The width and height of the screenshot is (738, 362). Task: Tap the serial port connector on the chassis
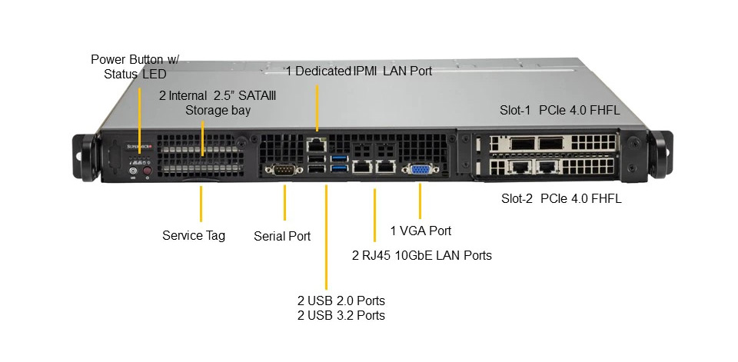coord(284,169)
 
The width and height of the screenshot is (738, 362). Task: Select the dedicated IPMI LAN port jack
coord(317,144)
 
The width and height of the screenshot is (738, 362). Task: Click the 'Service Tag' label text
coord(194,235)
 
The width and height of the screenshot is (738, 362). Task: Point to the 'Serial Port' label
coord(282,236)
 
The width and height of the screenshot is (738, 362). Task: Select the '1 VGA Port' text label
coord(421,231)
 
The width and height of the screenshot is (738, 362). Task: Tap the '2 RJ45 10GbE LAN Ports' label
coord(422,255)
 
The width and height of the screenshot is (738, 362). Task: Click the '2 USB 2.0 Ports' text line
coord(341,301)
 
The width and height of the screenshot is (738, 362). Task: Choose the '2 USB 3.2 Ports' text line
coord(341,315)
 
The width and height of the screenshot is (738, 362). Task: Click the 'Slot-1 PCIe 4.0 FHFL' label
coord(560,111)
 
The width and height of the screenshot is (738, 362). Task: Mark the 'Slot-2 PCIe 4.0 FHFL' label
coord(561,198)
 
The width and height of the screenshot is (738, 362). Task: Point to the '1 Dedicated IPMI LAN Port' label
coord(359,71)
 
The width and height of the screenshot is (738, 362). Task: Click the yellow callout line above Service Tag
coord(201,204)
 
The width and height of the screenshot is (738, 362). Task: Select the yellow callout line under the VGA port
coord(420,201)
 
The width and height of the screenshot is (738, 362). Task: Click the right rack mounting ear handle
coord(660,154)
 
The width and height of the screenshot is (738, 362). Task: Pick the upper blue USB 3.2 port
coord(339,158)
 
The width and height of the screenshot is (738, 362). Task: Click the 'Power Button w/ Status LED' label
coord(135,66)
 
